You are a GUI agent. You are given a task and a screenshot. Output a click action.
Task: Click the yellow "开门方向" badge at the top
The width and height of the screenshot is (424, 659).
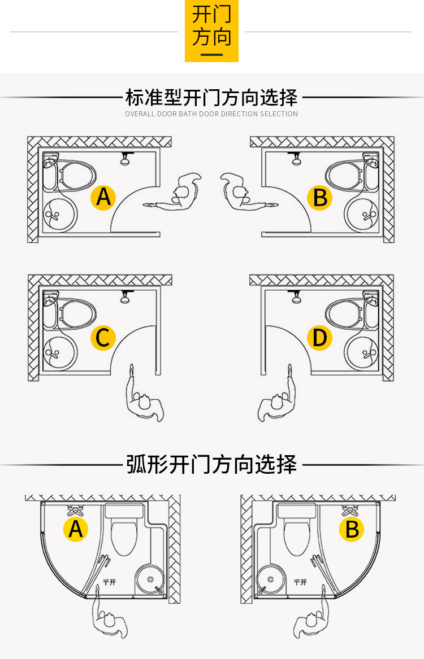tap(211, 30)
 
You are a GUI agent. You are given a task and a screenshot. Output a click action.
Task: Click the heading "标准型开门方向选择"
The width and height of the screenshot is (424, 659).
tap(211, 98)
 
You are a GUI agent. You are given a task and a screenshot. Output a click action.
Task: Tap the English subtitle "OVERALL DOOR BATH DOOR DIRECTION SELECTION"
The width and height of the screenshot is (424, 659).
tap(211, 114)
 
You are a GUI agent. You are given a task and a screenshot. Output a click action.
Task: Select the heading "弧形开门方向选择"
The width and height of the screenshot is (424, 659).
tap(211, 464)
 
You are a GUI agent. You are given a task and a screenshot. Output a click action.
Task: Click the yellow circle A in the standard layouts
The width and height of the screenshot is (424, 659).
tap(103, 197)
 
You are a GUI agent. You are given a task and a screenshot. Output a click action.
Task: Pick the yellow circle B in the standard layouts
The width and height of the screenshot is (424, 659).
tap(319, 198)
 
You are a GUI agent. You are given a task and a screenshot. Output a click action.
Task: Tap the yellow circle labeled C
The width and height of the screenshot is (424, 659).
tap(103, 337)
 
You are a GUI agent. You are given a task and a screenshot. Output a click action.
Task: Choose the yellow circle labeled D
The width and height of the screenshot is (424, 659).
tap(319, 338)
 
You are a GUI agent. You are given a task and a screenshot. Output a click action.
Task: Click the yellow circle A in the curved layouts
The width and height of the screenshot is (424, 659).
tap(76, 529)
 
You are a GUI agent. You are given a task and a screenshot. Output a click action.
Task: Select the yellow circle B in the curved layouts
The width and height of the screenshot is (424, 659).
tap(352, 529)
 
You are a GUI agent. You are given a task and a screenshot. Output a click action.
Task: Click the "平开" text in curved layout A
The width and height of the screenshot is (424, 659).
tap(109, 582)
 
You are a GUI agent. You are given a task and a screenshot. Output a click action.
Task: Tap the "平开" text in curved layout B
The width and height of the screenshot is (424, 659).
tap(300, 582)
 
